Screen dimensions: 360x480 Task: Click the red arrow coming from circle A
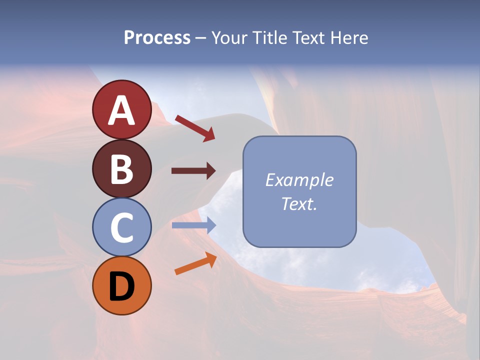click(x=195, y=128)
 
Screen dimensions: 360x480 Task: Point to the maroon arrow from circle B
click(x=193, y=171)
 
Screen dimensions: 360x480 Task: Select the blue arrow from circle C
click(x=193, y=225)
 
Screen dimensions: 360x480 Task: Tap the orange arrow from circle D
click(x=195, y=264)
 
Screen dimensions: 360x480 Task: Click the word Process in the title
click(x=157, y=37)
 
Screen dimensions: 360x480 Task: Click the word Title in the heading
click(x=269, y=37)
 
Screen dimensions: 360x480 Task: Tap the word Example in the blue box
click(x=299, y=180)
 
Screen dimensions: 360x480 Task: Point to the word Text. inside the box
click(x=299, y=203)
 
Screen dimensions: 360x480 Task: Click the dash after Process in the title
click(x=201, y=38)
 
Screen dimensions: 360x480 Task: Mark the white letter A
click(x=121, y=110)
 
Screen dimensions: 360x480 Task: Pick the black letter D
click(x=121, y=286)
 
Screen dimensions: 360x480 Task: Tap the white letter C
click(x=121, y=227)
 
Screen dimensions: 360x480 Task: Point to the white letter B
click(x=121, y=169)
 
